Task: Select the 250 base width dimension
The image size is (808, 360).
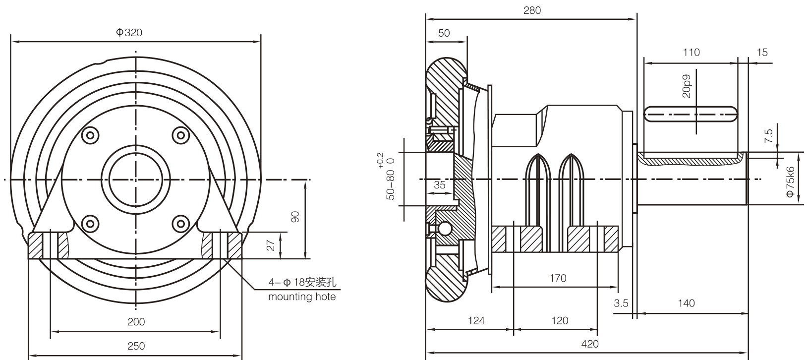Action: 136,346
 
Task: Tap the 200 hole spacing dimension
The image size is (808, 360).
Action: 136,322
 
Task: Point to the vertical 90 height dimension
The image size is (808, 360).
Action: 295,217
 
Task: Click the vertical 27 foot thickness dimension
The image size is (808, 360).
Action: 270,245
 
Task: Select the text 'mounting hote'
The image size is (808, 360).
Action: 301,297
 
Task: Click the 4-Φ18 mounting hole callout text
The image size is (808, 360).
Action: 302,283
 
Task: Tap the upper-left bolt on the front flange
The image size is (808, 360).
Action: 90,135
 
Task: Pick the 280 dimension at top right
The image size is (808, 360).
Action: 532,10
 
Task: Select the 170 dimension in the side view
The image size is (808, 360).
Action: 558,278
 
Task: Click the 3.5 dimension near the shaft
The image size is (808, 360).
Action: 621,303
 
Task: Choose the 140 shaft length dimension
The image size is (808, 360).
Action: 686,303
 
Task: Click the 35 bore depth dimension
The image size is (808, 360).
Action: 439,185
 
